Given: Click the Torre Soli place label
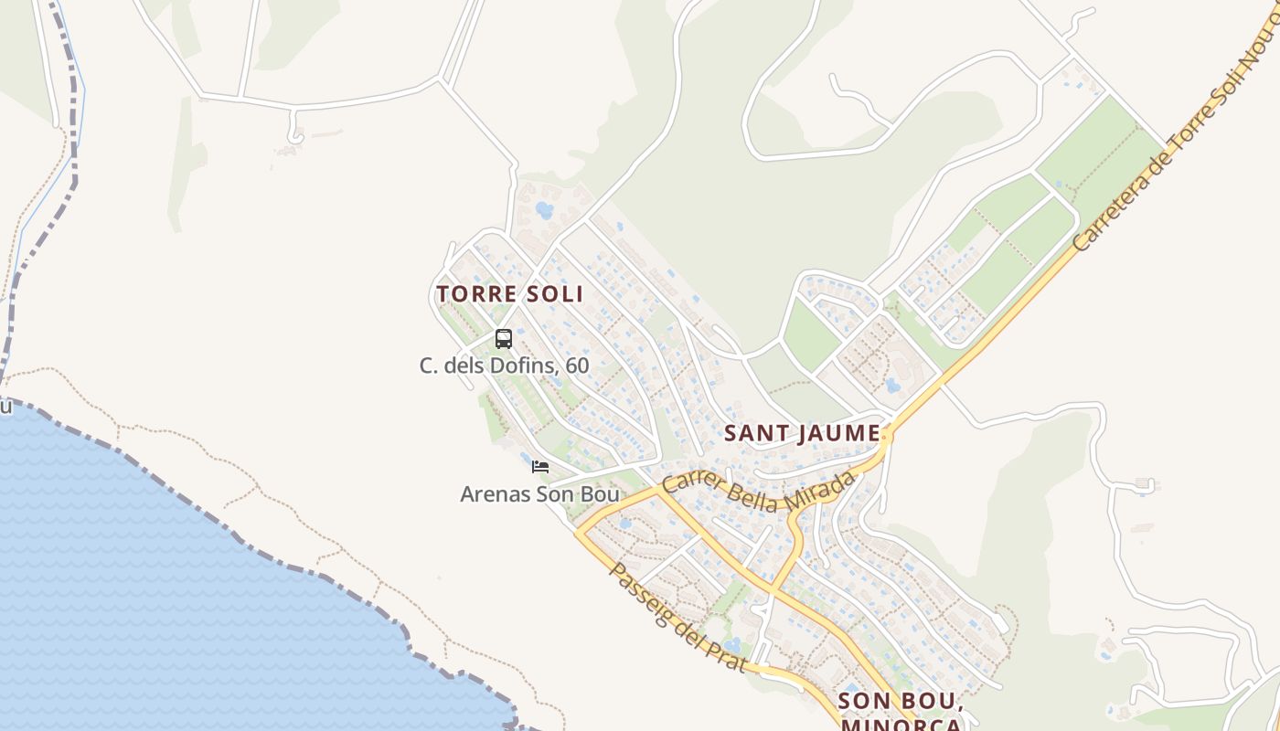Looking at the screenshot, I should click(509, 294).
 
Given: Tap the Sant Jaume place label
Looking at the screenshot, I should click(803, 433).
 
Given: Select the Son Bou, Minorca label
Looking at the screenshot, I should click(901, 711).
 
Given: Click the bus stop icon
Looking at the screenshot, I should click(503, 339).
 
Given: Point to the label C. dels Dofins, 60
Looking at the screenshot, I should click(504, 366).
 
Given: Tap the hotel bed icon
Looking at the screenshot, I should click(540, 467).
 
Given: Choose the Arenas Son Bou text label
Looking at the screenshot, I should click(539, 494).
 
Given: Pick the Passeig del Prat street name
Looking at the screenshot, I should click(677, 618).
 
